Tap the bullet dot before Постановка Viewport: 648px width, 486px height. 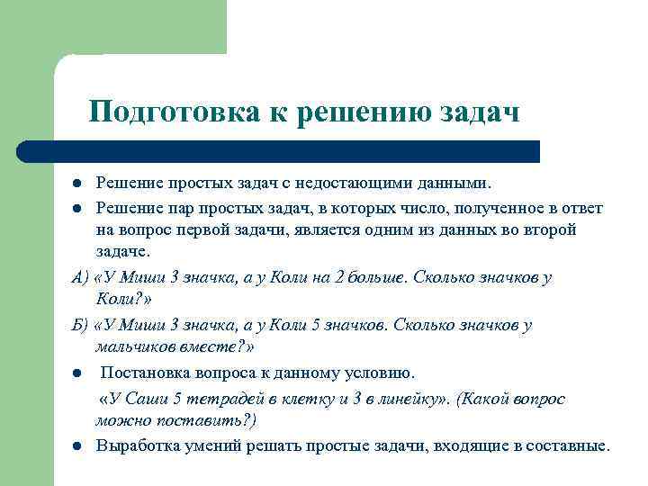coord(78,373)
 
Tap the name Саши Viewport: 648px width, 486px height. coord(153,399)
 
